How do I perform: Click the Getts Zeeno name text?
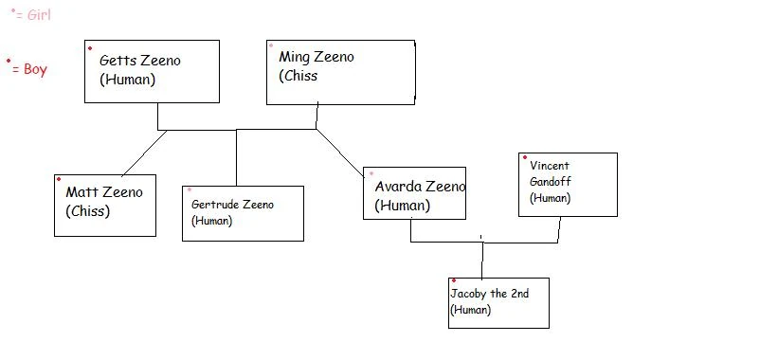[139, 61]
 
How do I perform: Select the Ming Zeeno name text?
[316, 57]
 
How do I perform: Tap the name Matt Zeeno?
[104, 192]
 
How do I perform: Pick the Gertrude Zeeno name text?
[232, 204]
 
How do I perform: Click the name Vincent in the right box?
[550, 165]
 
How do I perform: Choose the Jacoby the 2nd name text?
[489, 294]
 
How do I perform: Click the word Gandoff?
[551, 181]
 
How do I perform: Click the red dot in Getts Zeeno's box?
[90, 47]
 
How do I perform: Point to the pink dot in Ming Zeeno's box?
[271, 45]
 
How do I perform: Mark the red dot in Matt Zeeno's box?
[59, 179]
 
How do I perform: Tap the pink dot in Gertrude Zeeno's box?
[189, 190]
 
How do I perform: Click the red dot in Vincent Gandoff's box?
[524, 157]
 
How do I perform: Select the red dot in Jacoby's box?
[454, 281]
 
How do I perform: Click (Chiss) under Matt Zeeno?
[87, 211]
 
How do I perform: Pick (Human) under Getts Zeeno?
[127, 80]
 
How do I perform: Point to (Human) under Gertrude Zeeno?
[211, 221]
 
